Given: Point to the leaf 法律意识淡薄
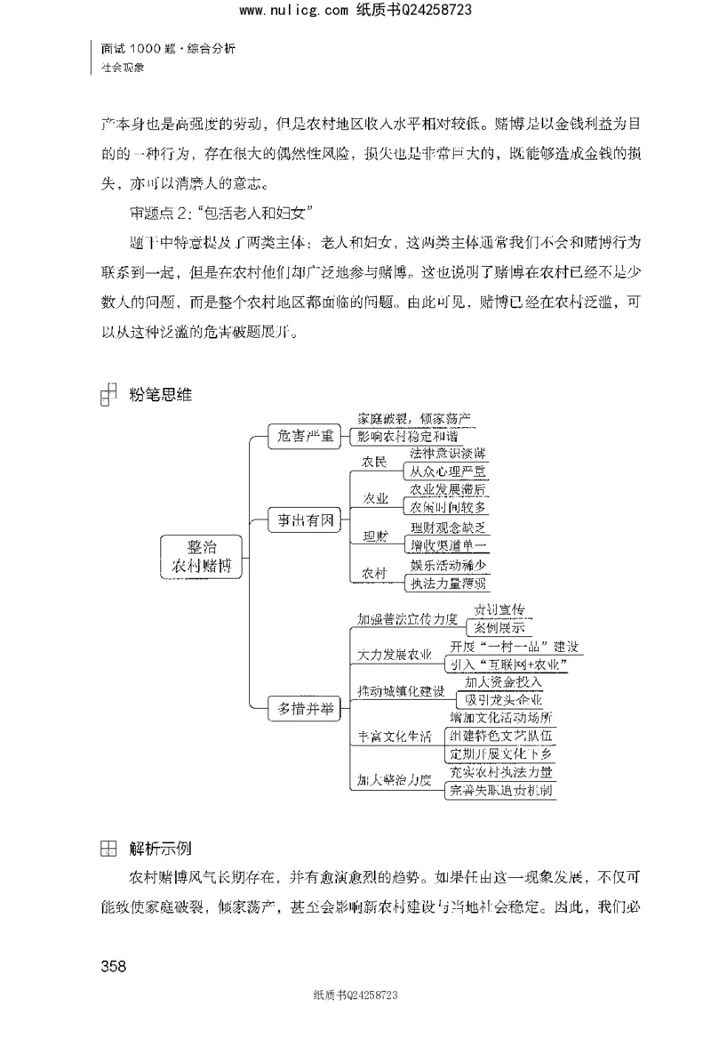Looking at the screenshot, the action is pyautogui.click(x=446, y=454).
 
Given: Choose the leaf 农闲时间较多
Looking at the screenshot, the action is pyautogui.click(x=447, y=507).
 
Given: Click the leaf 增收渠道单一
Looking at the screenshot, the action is pyautogui.click(x=447, y=544).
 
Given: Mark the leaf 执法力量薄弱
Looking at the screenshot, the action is pyautogui.click(x=447, y=584).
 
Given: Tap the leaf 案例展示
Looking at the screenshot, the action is pyautogui.click(x=498, y=628).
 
